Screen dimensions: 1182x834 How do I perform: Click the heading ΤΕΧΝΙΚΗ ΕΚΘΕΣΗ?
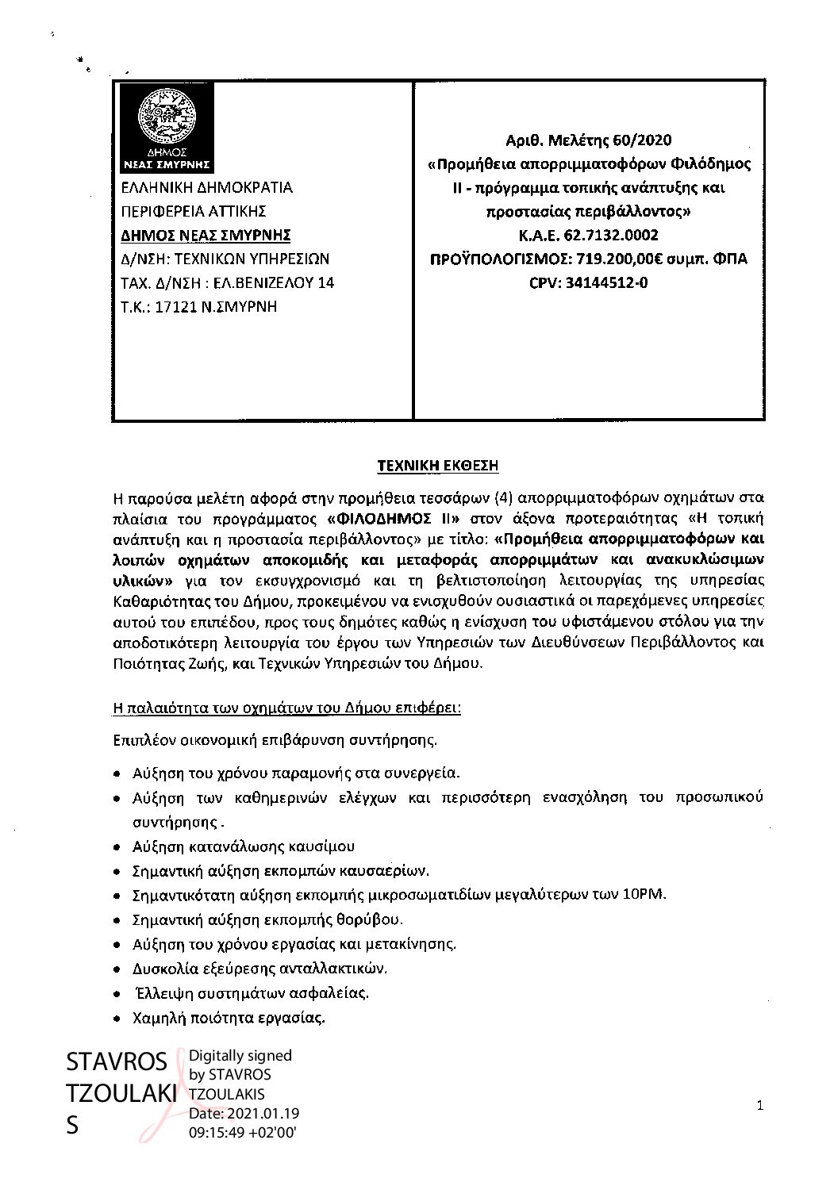(x=437, y=466)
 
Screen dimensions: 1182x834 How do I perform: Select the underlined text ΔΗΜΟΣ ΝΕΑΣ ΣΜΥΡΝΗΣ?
(x=206, y=235)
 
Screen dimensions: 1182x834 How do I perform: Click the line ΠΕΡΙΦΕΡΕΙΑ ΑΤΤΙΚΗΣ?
(x=193, y=211)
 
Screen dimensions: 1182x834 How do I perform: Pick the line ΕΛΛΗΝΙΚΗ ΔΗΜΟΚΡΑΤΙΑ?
(x=206, y=188)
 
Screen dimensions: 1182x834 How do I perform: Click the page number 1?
(x=759, y=1106)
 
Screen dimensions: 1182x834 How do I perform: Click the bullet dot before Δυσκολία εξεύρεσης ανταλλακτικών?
(x=117, y=970)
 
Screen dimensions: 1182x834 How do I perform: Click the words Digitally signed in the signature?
(x=240, y=1056)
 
